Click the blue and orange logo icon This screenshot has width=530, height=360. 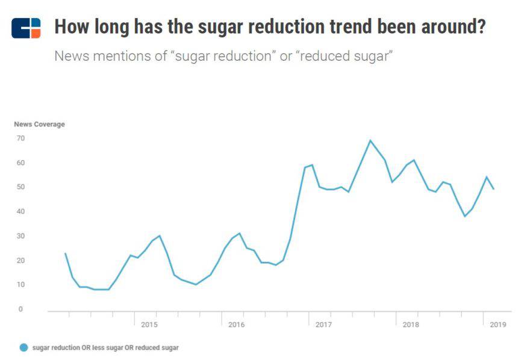click(26, 28)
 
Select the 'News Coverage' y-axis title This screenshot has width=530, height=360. click(39, 124)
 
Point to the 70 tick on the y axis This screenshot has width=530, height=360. click(20, 138)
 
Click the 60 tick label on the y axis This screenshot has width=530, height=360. click(20, 163)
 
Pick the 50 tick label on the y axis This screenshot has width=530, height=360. click(20, 187)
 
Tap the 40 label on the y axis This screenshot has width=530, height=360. click(20, 211)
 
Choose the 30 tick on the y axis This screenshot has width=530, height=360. click(20, 236)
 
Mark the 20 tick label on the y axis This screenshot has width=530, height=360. click(20, 260)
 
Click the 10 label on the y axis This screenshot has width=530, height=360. click(20, 285)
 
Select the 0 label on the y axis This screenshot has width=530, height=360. click(20, 309)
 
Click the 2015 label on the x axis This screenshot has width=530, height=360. click(149, 324)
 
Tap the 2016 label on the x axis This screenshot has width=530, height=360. click(236, 324)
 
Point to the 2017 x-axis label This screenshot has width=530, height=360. click(323, 324)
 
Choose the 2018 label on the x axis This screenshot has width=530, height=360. click(411, 324)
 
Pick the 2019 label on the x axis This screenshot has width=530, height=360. click(497, 324)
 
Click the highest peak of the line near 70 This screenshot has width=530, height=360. click(370, 140)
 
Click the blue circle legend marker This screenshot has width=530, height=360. click(23, 347)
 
